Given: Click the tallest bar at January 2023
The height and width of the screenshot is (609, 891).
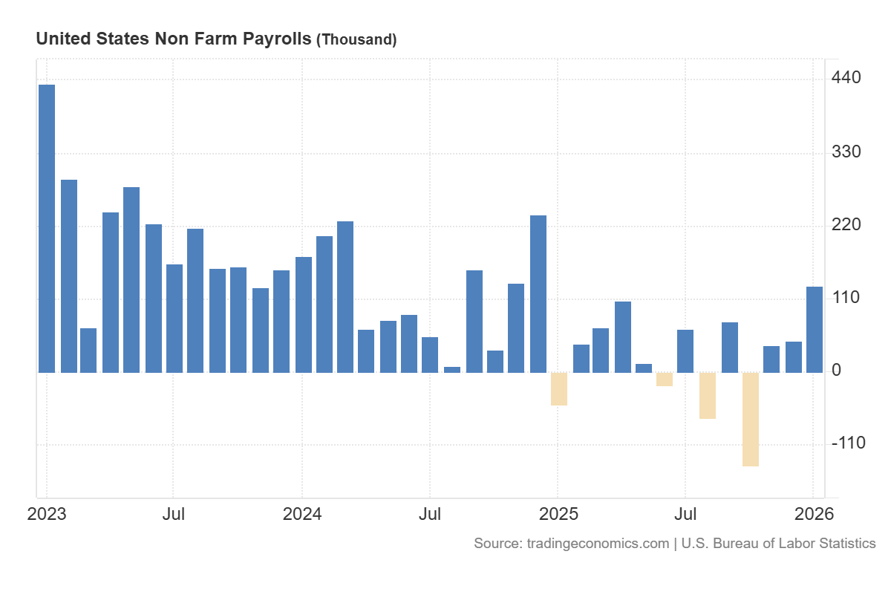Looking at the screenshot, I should click(47, 228).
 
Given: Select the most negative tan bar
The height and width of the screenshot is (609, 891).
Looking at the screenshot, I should click(751, 419).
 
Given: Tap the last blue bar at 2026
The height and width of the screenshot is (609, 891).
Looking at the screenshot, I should click(815, 329).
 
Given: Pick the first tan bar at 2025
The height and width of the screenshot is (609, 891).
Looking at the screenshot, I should click(559, 388).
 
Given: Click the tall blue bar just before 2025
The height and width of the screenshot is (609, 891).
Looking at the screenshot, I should click(538, 293).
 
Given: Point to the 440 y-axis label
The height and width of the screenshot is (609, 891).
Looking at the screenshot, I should click(846, 78).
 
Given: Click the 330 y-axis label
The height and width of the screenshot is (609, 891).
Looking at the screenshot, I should click(846, 152).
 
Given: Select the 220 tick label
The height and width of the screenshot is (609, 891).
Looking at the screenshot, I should click(846, 225).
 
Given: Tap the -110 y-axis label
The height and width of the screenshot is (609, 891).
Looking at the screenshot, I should click(848, 443).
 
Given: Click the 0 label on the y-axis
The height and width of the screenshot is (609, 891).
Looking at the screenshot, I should click(837, 371).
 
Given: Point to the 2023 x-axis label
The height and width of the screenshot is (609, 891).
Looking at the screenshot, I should click(46, 514).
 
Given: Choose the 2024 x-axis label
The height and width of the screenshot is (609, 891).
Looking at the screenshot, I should click(302, 514).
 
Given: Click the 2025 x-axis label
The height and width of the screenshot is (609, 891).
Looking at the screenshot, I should click(558, 514).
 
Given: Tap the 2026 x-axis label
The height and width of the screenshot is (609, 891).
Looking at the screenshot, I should click(814, 514).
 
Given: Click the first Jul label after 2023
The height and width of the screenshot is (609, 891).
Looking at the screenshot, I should click(174, 514).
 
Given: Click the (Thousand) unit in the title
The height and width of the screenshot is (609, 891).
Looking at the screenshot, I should click(356, 40).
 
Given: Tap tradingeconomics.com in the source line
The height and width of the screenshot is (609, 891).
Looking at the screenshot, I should click(598, 544).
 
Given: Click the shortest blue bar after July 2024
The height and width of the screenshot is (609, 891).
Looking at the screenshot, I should click(452, 369).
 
